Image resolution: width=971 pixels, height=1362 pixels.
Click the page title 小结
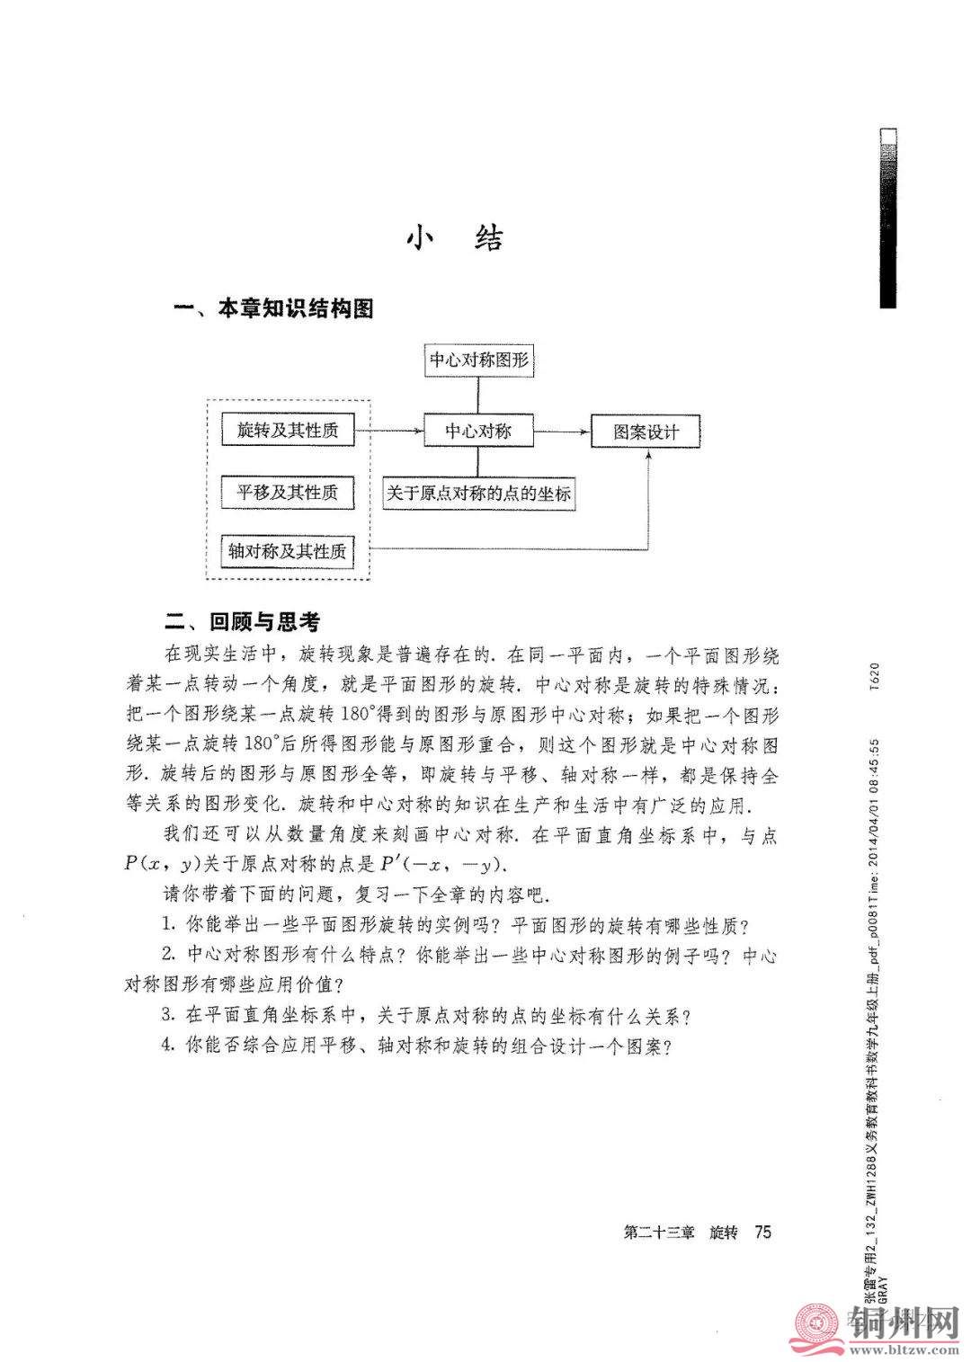click(x=455, y=237)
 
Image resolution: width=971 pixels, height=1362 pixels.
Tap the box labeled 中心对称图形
click(x=478, y=361)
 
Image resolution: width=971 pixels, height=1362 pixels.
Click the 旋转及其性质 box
click(x=288, y=431)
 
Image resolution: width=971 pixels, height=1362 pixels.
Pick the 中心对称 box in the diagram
click(x=478, y=431)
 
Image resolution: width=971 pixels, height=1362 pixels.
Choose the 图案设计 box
click(x=646, y=432)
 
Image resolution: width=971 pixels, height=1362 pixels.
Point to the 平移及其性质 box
click(x=288, y=493)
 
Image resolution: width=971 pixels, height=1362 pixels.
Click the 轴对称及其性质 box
click(x=288, y=550)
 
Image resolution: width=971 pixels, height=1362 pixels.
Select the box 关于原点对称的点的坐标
click(x=478, y=494)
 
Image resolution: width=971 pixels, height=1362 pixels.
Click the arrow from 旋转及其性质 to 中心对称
click(x=388, y=432)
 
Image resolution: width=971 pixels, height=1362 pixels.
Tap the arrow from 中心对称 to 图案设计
click(x=561, y=432)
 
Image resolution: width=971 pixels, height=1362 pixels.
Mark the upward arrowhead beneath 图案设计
click(x=647, y=456)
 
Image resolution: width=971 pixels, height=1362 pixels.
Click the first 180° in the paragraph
click(x=362, y=716)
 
